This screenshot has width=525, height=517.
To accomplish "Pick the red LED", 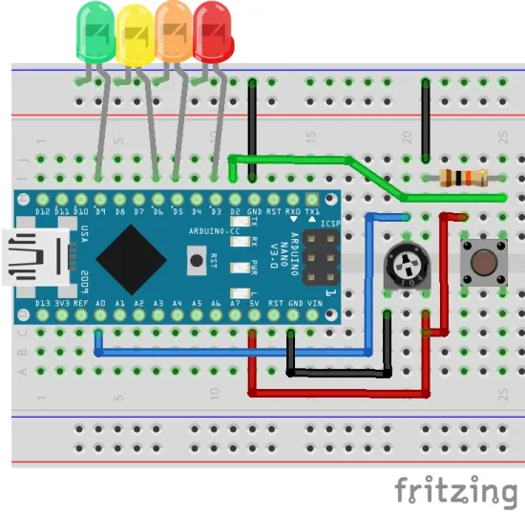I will [x=214, y=33].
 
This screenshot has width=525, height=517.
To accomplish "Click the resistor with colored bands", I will [x=463, y=177].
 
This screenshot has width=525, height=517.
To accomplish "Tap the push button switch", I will [x=481, y=259].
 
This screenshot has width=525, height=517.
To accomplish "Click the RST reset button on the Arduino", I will [x=197, y=258].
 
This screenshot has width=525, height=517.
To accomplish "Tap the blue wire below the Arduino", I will [x=239, y=352].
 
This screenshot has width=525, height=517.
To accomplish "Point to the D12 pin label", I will [x=42, y=210].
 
